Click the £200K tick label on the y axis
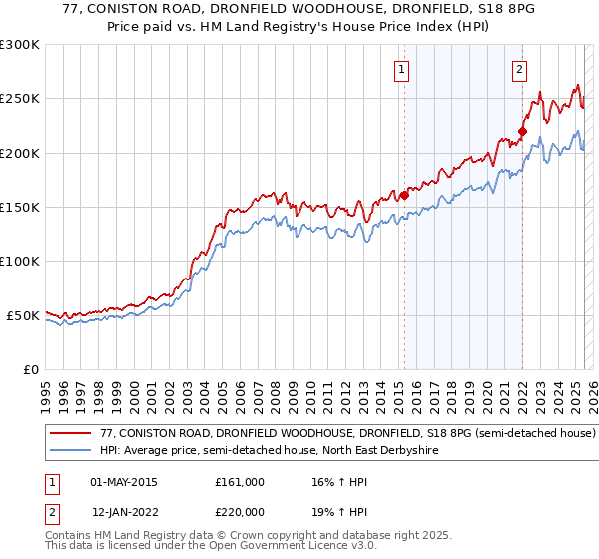pos(20,154)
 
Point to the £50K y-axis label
pos(23,315)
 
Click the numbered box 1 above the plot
pos(401,70)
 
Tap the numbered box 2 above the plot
pos(520,70)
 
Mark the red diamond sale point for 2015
pos(405,196)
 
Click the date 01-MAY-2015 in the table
pos(124,482)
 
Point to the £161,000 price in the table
pos(239,482)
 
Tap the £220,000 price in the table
pos(239,512)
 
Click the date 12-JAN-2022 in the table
pos(124,512)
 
